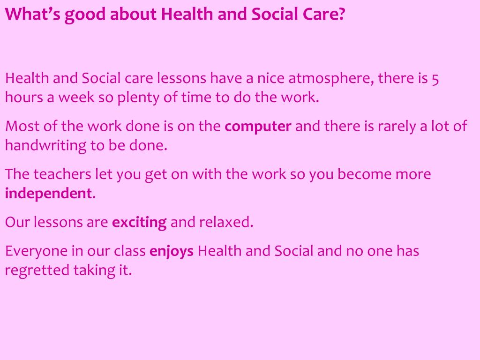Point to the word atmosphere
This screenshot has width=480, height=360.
point(330,78)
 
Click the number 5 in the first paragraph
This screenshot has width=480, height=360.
point(435,78)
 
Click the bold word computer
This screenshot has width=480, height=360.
point(258,127)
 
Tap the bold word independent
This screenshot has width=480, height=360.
point(48,193)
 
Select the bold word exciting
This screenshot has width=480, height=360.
point(139,222)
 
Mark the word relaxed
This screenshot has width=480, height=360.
point(226,222)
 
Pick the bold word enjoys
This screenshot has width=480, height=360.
point(172,252)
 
